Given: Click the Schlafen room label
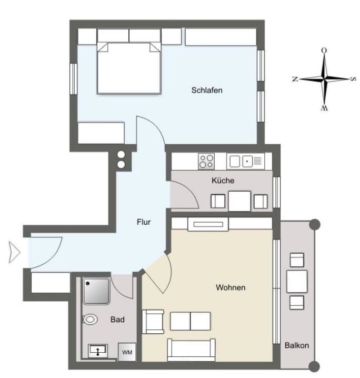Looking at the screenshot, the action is (207, 90).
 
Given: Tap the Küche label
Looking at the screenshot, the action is (223, 181).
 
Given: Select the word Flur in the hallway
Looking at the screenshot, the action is (144, 222).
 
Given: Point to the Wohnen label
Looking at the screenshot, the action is (231, 287).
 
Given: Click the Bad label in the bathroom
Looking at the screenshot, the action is (117, 320).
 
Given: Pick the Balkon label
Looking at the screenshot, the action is (297, 345).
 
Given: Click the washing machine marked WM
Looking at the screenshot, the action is (127, 352).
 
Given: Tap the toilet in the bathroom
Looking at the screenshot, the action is (90, 320).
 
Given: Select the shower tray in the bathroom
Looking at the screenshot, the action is (96, 291).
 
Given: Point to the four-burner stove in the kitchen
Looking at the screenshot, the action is (206, 161).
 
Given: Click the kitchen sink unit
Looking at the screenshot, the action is (246, 161).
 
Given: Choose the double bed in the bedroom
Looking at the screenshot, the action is (129, 68).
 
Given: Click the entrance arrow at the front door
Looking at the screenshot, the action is (15, 252).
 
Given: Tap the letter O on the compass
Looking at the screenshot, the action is (324, 51).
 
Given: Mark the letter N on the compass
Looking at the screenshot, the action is (295, 79).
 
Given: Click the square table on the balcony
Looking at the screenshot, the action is (297, 281).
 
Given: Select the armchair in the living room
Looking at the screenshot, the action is (153, 322).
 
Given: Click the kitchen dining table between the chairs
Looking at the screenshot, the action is (239, 201).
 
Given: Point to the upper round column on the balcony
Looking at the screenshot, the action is (315, 225).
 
